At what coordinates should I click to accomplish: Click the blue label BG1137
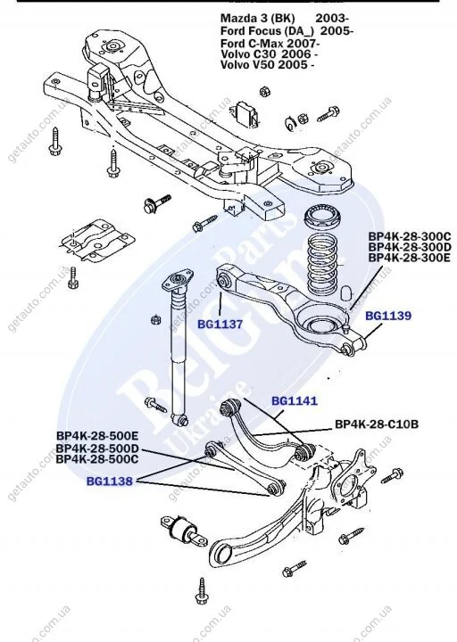coord(220,325)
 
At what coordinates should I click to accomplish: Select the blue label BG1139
coord(388,316)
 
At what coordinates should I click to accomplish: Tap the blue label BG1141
coord(295,401)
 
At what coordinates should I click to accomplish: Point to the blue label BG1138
coord(110,481)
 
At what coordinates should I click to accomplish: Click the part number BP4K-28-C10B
coord(377,424)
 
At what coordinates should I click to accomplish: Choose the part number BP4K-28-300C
coord(410,236)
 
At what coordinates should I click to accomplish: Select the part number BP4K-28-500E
coord(97,436)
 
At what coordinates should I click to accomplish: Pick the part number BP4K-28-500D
coord(97,449)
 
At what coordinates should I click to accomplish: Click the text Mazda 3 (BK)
coord(258,19)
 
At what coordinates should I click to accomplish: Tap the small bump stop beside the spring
coord(346,292)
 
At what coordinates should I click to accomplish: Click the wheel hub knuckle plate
coord(354,478)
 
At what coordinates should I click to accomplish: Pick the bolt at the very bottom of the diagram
coord(203,592)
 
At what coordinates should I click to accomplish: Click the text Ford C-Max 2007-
coord(270,43)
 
